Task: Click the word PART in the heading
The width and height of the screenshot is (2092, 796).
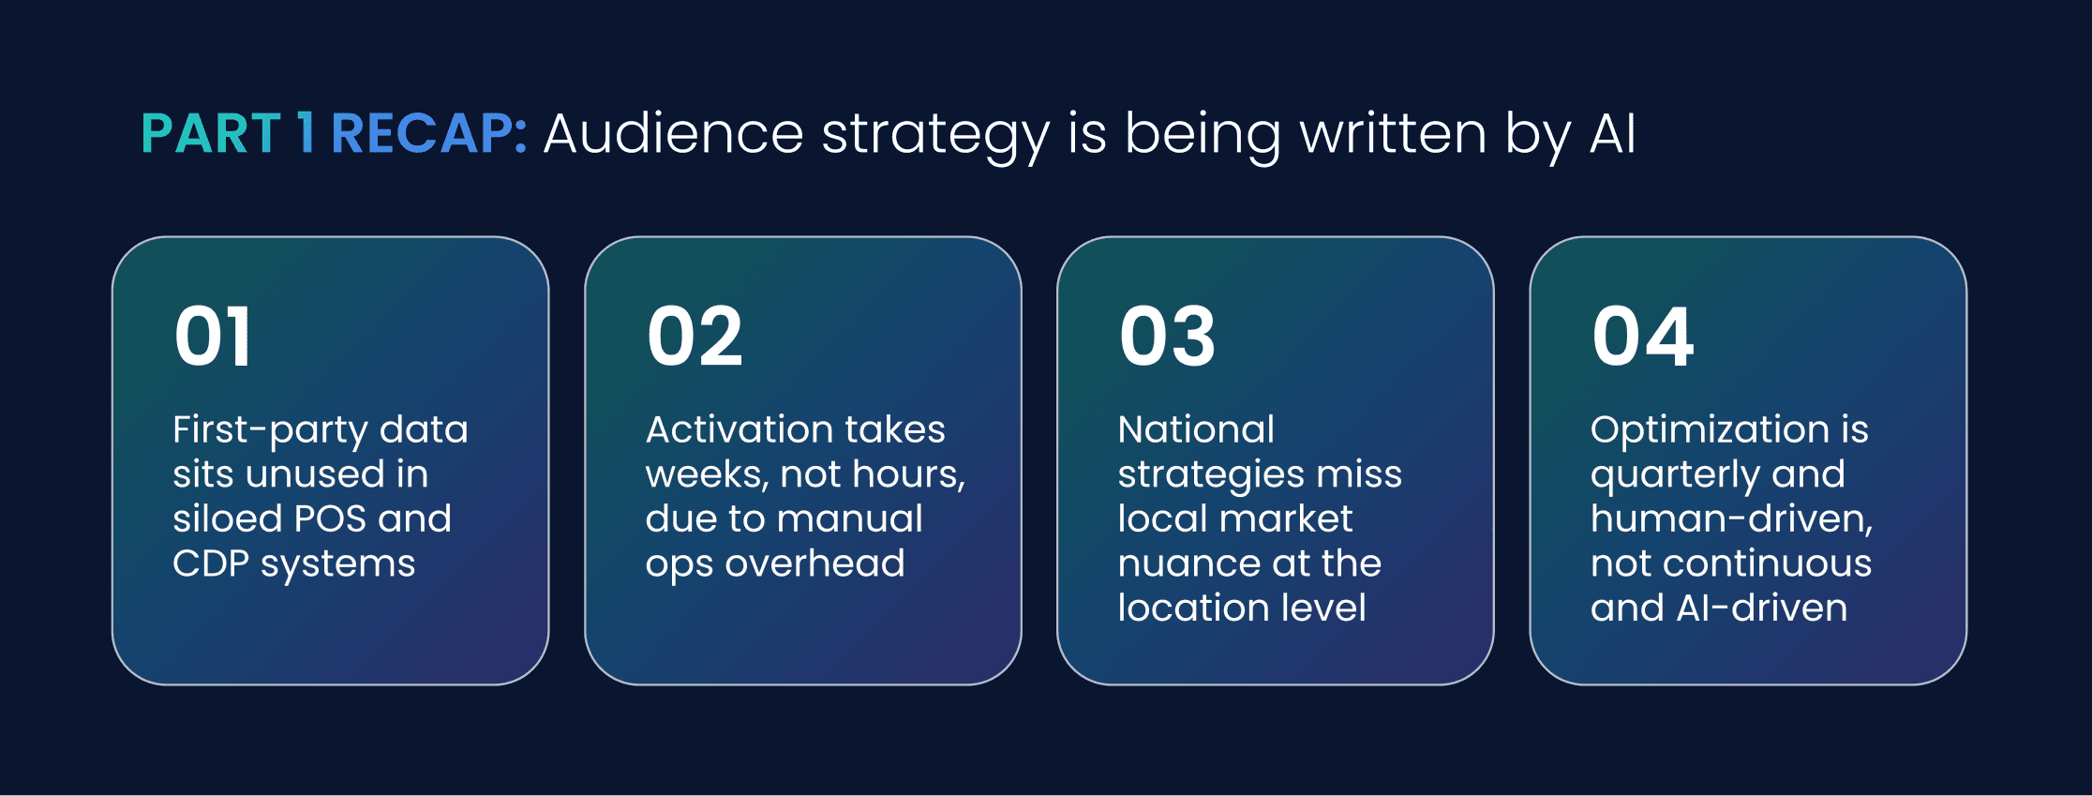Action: coord(211,133)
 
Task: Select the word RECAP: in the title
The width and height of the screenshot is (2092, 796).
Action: coord(429,133)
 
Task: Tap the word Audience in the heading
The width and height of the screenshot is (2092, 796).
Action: coord(673,133)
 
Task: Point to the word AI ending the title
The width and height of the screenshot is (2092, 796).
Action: coord(1612,133)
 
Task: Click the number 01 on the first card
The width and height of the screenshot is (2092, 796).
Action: coord(213,337)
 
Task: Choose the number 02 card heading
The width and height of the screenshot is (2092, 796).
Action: coord(695,337)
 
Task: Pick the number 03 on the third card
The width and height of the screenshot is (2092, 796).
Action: coord(1167,337)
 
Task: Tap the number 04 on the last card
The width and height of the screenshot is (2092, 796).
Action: coord(1642,337)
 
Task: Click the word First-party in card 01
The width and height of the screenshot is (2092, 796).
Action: coord(269,430)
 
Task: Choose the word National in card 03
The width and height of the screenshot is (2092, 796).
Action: coord(1196,429)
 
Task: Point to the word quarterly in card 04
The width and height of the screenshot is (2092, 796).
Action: coord(1674,475)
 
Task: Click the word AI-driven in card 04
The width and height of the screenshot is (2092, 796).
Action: coord(1761,608)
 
